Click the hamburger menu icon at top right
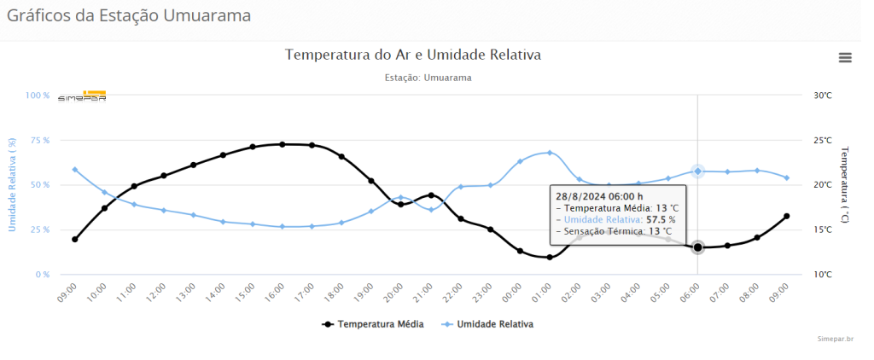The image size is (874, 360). [x=845, y=57]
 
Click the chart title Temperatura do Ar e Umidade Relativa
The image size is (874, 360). [x=413, y=55]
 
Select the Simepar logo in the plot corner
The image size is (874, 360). [x=83, y=96]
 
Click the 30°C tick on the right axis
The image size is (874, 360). [x=822, y=96]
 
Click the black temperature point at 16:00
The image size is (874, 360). [x=283, y=144]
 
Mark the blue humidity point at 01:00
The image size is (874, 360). [x=550, y=153]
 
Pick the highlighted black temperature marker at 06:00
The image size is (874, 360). [x=697, y=247]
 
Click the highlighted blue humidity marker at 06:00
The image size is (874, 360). [x=697, y=171]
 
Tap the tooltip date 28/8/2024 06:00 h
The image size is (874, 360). [x=599, y=195]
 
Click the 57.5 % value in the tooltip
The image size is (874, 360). [x=661, y=219]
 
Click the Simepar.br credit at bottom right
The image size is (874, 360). [x=836, y=339]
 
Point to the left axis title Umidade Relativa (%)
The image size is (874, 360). [x=12, y=184]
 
